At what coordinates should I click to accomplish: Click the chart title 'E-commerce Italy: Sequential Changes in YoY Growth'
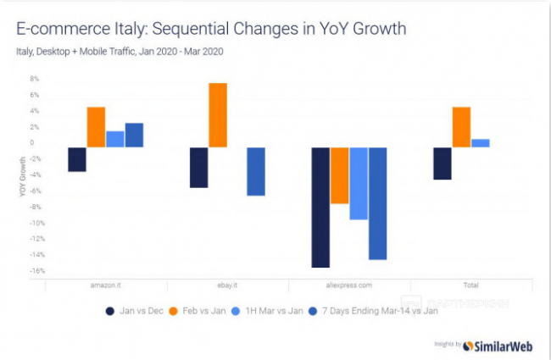pyautogui.click(x=211, y=29)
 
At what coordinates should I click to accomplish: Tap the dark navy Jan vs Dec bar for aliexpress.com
pyautogui.click(x=320, y=207)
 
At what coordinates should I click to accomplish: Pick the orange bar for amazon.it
pyautogui.click(x=96, y=127)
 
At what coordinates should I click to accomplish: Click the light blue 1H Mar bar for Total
pyautogui.click(x=481, y=143)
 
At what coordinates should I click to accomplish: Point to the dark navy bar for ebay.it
pyautogui.click(x=198, y=167)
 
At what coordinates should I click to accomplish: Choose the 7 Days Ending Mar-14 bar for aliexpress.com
pyautogui.click(x=377, y=203)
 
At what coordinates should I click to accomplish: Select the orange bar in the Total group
pyautogui.click(x=461, y=127)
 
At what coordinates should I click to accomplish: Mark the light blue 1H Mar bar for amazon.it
pyautogui.click(x=115, y=139)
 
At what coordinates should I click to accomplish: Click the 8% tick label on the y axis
pyautogui.click(x=35, y=79)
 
